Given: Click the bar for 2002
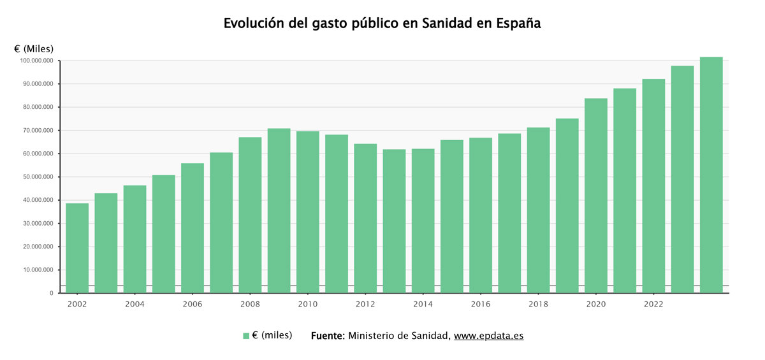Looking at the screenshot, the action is point(77,248).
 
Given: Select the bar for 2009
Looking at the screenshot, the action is point(279,210).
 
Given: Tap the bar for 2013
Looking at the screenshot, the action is point(394,221).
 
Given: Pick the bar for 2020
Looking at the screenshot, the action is point(596,196).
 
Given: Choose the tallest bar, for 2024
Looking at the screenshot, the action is point(711,175).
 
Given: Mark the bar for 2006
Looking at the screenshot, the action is point(193,228).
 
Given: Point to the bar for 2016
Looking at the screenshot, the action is point(481,215).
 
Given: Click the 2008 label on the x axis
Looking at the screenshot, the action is point(250,304).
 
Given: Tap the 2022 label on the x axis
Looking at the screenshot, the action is point(653,304).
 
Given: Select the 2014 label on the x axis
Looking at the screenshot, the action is point(423,304).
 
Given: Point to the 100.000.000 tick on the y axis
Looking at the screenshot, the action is point(36,61).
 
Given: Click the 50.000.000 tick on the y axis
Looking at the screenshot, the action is point(38,176).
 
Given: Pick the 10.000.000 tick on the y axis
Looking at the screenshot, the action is point(38,270).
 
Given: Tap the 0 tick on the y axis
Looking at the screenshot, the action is point(52,293).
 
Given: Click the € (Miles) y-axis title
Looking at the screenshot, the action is point(34,49).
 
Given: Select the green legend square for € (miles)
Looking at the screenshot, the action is point(246,336).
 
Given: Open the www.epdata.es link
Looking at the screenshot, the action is point(489,336).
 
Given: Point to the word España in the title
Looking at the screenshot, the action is point(518,24).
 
